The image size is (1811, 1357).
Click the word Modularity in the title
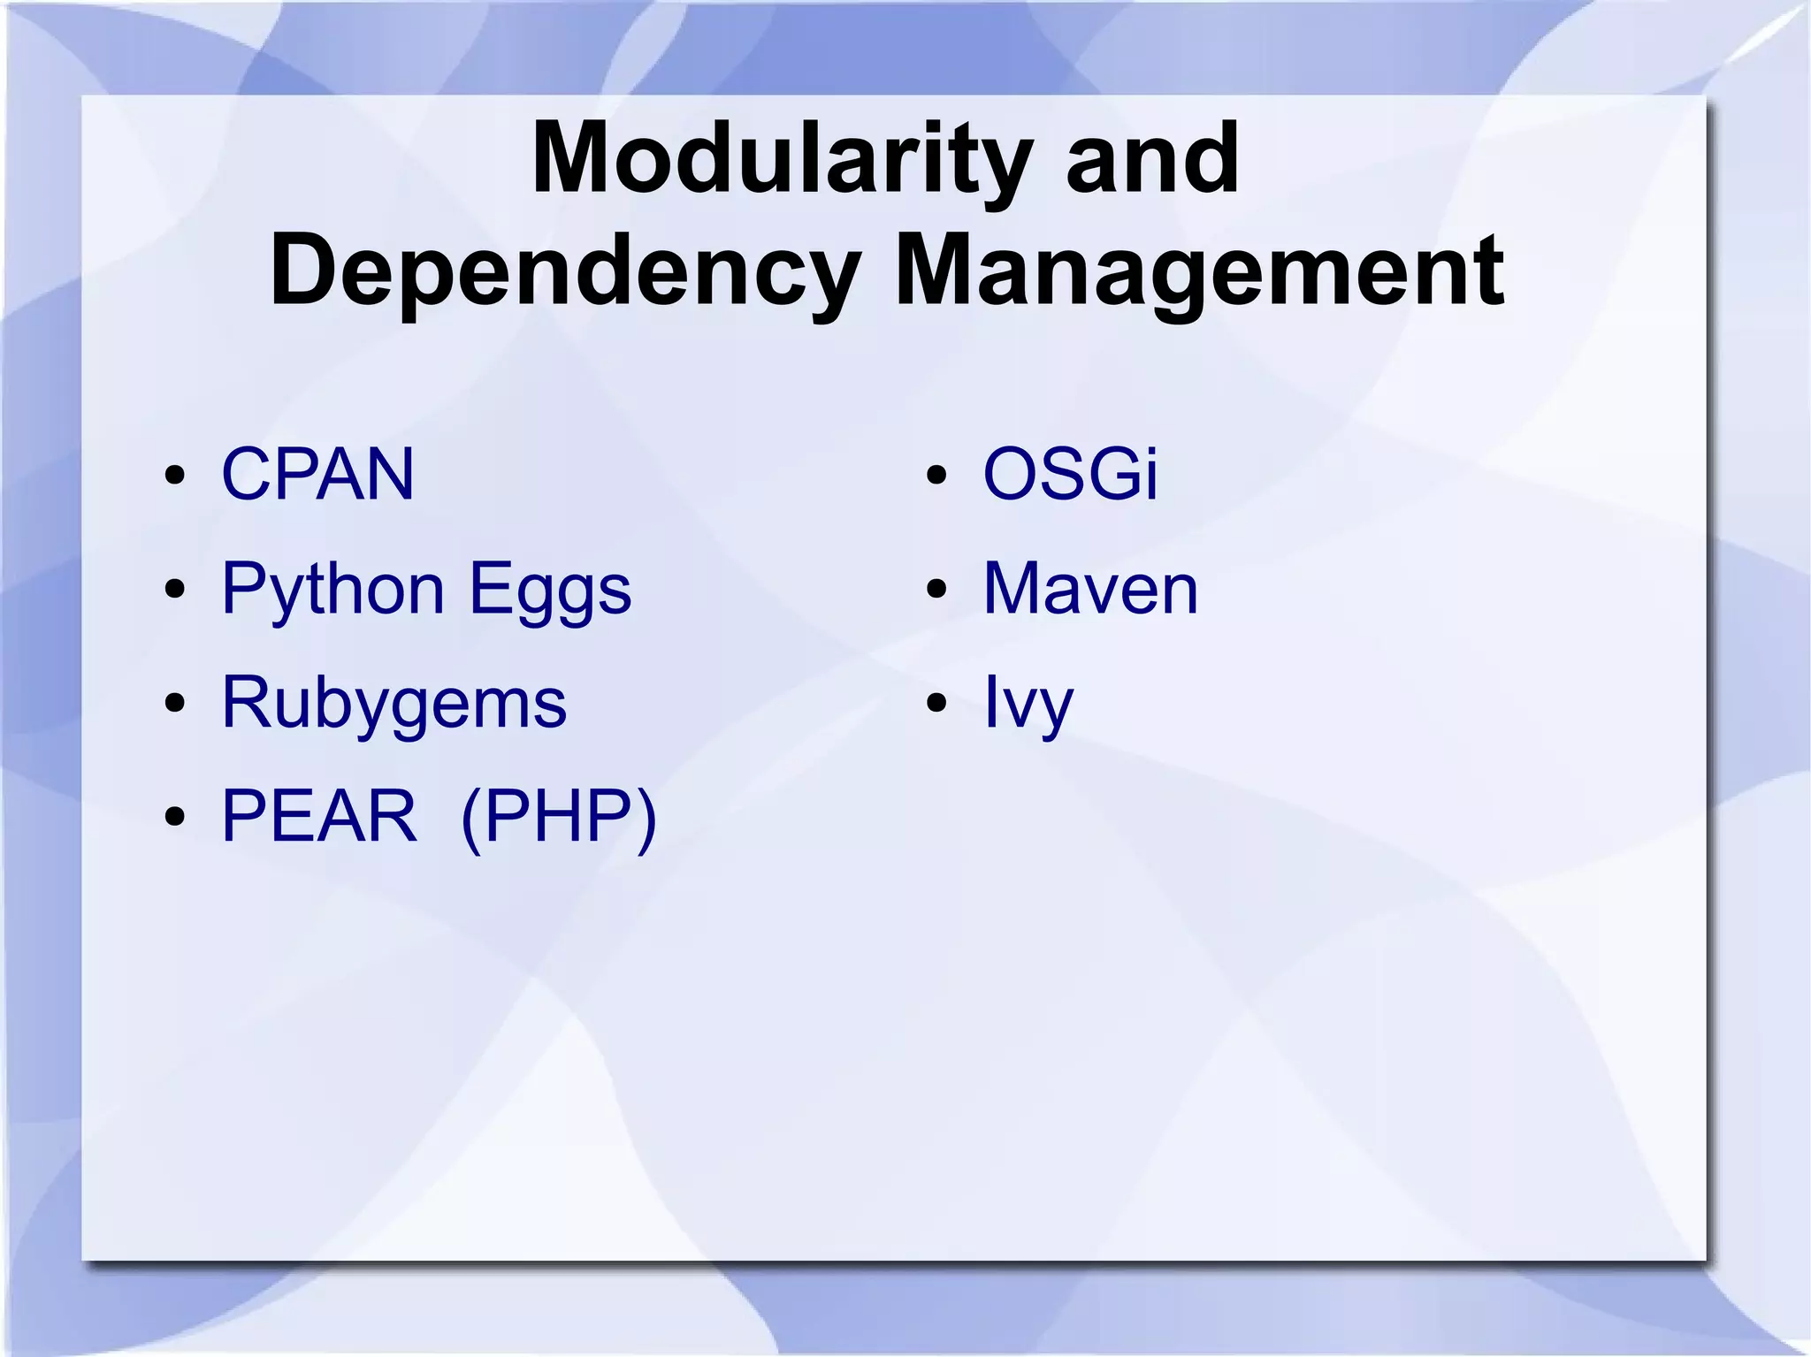(781, 159)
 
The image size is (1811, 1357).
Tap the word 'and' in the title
(1152, 159)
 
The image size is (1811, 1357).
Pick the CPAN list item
(317, 475)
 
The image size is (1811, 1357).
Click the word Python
(332, 590)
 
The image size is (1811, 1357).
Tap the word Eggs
(550, 590)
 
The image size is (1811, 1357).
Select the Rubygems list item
(394, 703)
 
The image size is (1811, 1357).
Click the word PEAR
(318, 816)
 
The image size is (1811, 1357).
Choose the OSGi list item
(1070, 475)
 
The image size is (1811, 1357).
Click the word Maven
(1090, 589)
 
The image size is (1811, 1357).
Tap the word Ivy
(1028, 703)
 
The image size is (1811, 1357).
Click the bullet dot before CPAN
(175, 476)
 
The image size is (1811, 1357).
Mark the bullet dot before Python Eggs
(175, 590)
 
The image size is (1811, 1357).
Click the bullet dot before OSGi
(937, 476)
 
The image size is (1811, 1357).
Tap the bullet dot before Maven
(937, 590)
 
